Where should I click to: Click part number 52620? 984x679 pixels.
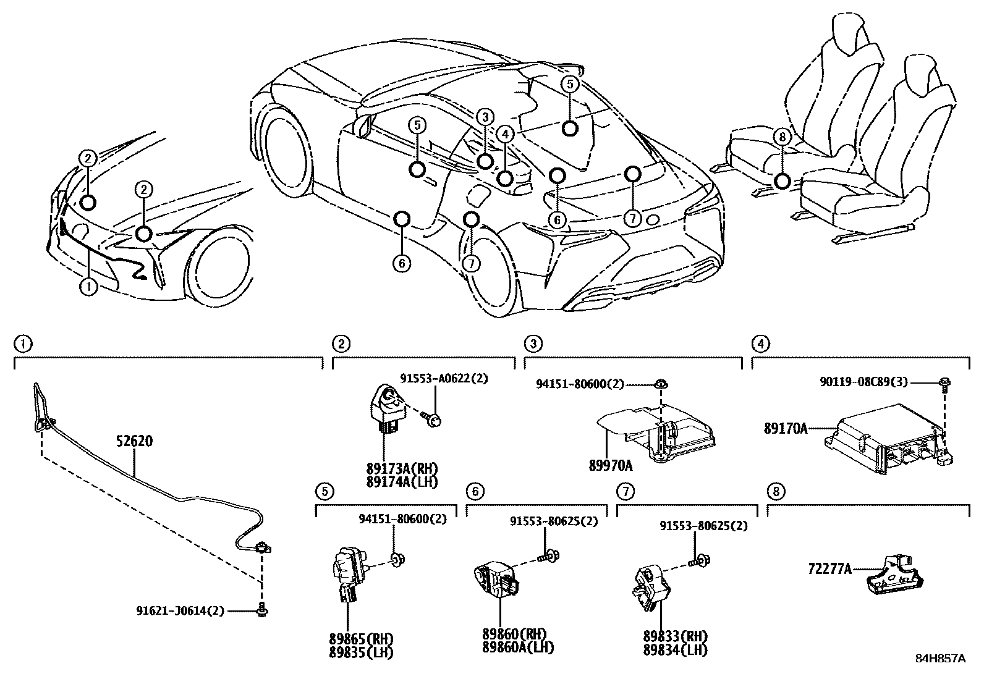(x=134, y=441)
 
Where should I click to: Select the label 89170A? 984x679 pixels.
(x=785, y=428)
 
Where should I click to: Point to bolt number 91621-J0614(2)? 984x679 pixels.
(x=180, y=611)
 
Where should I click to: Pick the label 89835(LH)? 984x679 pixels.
(x=362, y=652)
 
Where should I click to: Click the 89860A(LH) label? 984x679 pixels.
(x=518, y=648)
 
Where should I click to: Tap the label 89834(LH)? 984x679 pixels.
(x=675, y=650)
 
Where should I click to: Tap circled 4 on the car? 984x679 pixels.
(x=505, y=133)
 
